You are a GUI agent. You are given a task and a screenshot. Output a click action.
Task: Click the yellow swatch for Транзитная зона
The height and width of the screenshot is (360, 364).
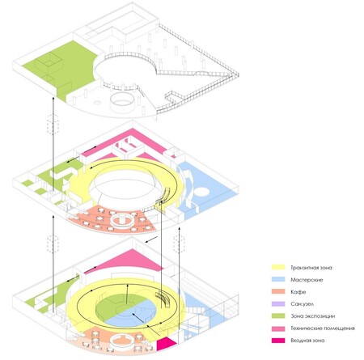[x=278, y=267]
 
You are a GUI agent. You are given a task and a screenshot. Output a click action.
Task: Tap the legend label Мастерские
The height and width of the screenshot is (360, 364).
[x=307, y=280]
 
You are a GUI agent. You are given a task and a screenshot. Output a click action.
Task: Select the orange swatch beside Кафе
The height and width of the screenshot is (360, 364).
[x=278, y=291]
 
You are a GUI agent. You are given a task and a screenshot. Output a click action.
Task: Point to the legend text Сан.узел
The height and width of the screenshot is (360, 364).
[x=303, y=304]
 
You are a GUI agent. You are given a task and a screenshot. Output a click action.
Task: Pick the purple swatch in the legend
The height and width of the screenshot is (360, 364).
[x=278, y=304]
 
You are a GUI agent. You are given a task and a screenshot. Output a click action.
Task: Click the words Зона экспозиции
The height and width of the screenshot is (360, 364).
[x=313, y=316]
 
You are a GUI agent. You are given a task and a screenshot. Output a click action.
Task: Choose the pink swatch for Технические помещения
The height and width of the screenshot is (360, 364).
[x=278, y=328]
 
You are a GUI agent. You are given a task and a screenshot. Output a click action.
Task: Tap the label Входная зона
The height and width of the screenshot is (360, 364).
[x=307, y=341]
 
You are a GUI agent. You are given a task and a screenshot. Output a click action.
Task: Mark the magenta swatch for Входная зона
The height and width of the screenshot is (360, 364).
[x=278, y=341]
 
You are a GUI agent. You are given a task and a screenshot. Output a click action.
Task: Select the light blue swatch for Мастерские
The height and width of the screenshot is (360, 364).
[x=278, y=280]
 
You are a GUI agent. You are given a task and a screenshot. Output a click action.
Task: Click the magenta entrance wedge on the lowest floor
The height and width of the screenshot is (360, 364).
[x=165, y=344]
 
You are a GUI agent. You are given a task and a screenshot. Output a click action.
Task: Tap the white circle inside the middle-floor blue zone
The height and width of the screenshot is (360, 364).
[x=201, y=192]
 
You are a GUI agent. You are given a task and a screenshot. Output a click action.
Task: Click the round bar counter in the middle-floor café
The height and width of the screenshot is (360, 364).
[x=122, y=220]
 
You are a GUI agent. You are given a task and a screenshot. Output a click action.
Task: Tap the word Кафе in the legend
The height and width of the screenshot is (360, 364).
[x=298, y=292]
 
